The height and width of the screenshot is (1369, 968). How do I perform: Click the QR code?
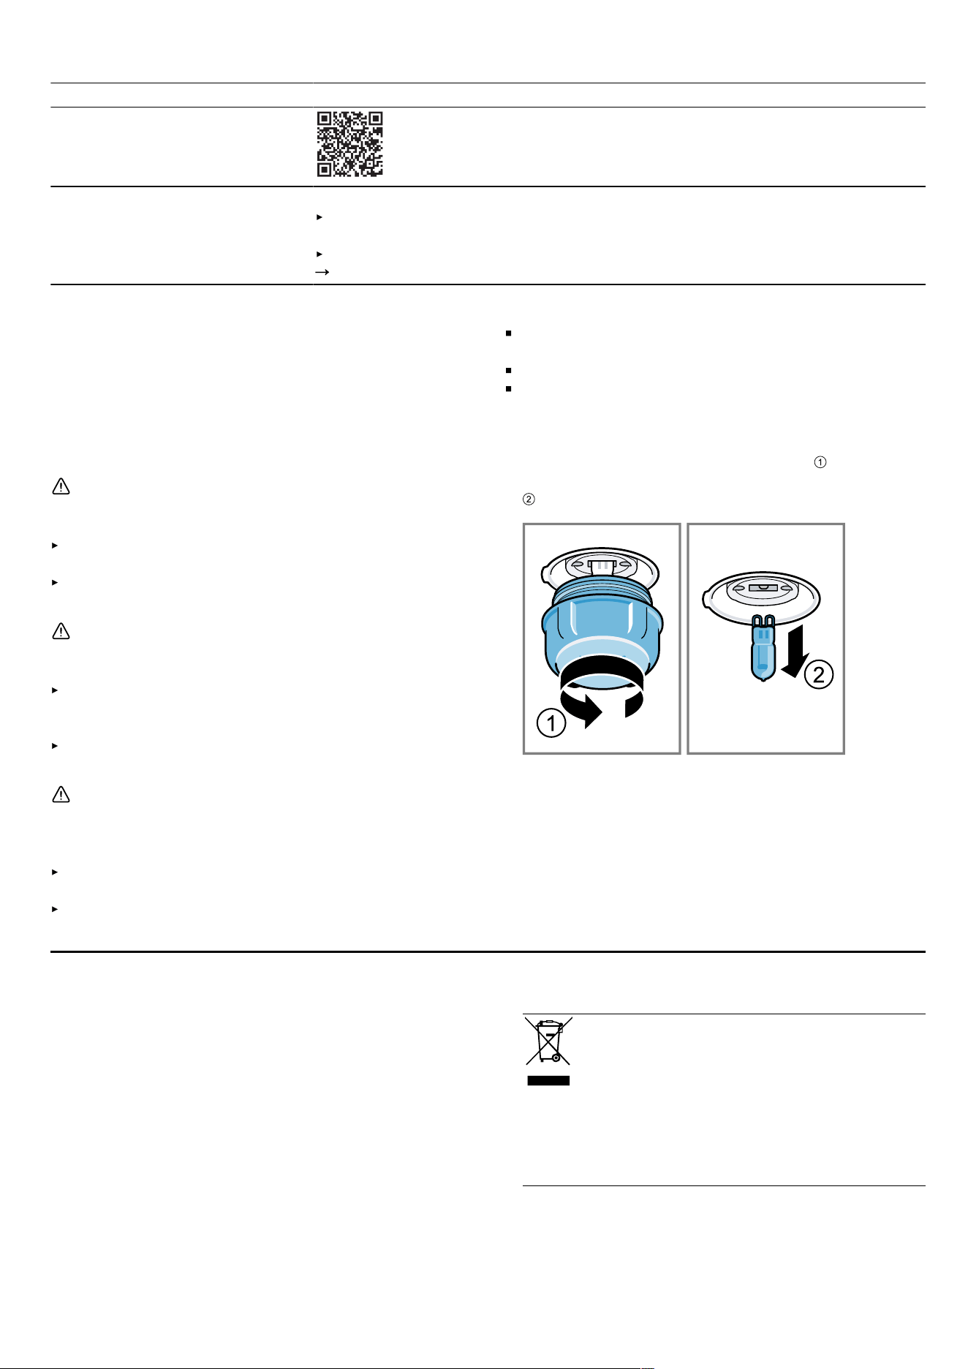coord(350,144)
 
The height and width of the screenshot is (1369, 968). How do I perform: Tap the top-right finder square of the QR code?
coord(375,119)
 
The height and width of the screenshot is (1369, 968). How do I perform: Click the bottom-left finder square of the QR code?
coord(325,169)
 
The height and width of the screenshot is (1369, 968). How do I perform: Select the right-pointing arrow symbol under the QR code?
coord(322,272)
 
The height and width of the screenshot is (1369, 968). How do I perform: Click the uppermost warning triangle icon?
coord(61,486)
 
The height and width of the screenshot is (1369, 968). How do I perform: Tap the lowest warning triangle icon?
coord(61,794)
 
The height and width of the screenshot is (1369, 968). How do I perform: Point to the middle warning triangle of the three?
coord(61,631)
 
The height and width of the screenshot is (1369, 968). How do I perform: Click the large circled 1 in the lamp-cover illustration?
coord(551,724)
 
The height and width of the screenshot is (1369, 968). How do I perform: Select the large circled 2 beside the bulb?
coord(819,674)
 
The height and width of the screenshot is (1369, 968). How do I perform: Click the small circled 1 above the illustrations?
coord(820,462)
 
